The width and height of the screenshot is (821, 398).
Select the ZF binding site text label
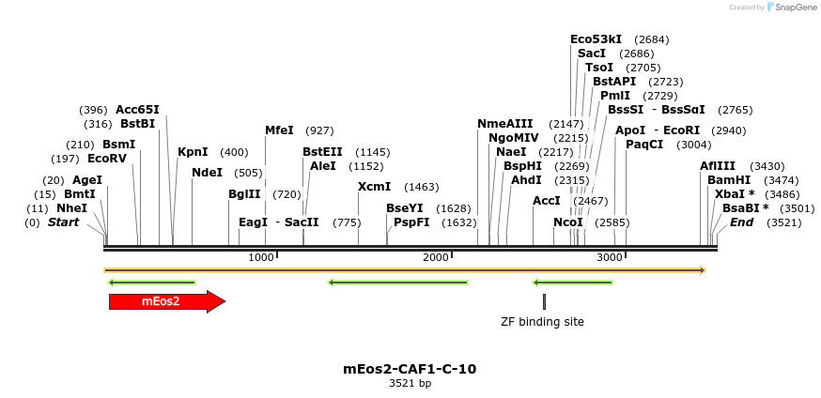coord(542,322)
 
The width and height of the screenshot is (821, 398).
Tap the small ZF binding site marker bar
coord(544,301)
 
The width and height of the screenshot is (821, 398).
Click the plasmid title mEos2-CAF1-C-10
coord(410,369)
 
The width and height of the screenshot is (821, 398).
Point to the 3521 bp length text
coord(410,384)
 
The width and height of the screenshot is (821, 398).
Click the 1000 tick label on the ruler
coord(261,257)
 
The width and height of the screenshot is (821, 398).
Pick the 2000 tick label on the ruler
coord(436,257)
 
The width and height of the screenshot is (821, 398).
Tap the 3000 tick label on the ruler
coord(611,257)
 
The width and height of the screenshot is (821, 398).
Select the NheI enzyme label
coord(71,208)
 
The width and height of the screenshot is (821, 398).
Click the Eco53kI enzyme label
coord(596,39)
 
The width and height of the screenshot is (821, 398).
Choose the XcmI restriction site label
coord(374,187)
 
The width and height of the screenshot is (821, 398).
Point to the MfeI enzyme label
coord(279,130)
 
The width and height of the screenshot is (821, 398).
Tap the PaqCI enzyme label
coord(644,145)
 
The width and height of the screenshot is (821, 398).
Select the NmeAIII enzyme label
coord(504,124)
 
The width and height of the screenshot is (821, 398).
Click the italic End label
coord(741,222)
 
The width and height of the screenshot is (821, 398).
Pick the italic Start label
coord(63,222)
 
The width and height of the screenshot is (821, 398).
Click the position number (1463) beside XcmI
coord(421,187)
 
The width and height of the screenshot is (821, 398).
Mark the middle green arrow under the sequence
coord(398,282)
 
